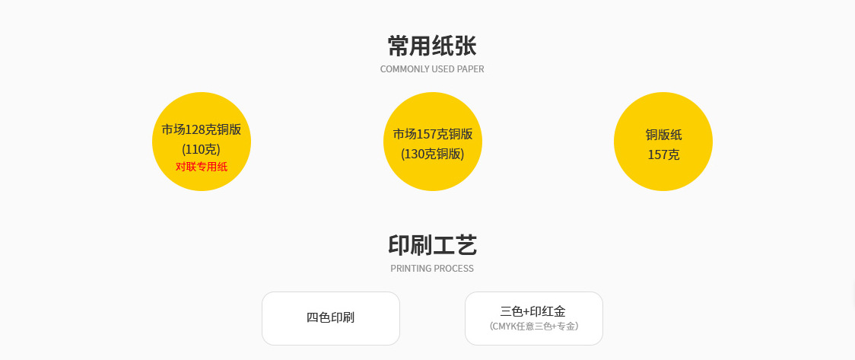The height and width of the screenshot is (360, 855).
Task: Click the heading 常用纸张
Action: (x=431, y=46)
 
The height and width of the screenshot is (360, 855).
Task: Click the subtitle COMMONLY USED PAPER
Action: (x=431, y=69)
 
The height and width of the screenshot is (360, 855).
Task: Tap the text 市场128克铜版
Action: (x=201, y=129)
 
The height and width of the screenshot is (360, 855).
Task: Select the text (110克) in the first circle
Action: (x=201, y=149)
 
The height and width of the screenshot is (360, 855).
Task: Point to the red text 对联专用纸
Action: (x=201, y=167)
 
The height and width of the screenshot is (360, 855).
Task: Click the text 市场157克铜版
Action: (x=432, y=135)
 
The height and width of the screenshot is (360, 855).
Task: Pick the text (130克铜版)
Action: (x=432, y=154)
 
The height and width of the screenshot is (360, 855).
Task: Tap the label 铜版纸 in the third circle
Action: (x=663, y=135)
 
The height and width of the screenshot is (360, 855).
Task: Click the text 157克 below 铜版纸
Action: (x=663, y=155)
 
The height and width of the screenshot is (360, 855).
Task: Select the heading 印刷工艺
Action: (x=431, y=245)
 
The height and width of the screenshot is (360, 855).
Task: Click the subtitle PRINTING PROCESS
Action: (x=431, y=269)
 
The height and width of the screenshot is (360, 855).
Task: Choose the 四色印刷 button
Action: (x=330, y=318)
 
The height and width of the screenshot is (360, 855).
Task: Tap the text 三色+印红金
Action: (x=533, y=311)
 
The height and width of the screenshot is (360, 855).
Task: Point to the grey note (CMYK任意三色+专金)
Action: (x=533, y=327)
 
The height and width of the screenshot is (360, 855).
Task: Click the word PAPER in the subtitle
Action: (x=470, y=69)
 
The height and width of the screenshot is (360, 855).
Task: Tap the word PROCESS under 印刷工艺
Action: (x=455, y=269)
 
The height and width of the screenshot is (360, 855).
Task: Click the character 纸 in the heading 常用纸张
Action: (x=443, y=46)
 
